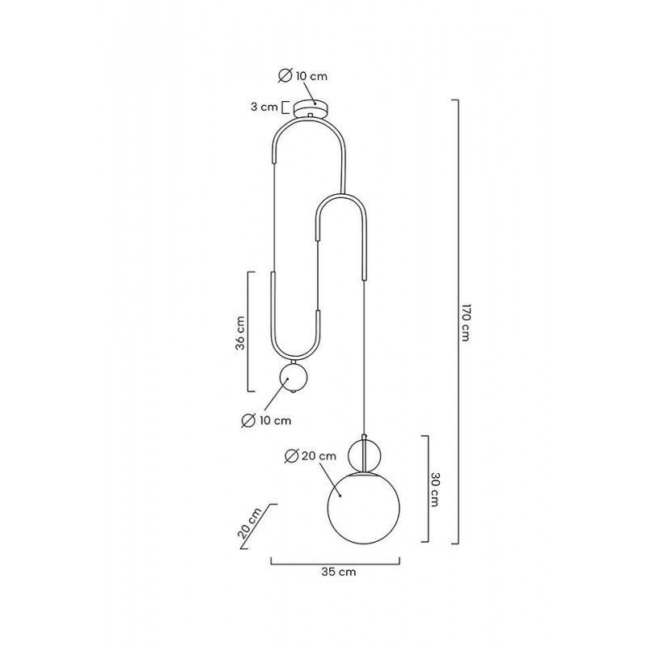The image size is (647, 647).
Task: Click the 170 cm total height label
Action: [465, 323]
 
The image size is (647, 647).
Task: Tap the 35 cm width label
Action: [338, 572]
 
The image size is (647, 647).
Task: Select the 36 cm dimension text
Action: [240, 333]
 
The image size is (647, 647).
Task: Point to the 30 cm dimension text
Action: [434, 489]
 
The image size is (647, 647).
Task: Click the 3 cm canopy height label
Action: [264, 107]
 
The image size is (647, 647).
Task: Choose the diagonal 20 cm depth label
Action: [250, 523]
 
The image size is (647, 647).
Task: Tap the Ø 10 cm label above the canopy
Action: [302, 76]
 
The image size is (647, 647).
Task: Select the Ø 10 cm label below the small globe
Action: [266, 421]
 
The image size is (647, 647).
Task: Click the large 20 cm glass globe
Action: [363, 509]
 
